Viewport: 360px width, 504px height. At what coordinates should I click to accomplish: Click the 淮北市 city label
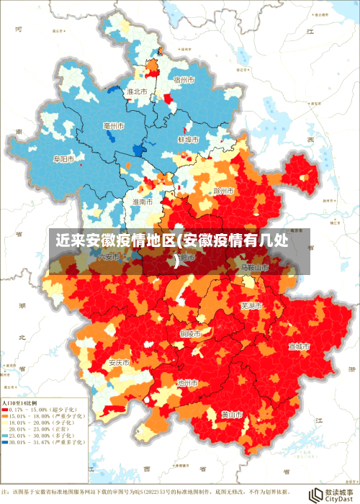tap(137, 92)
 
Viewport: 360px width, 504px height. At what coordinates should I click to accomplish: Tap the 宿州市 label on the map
tap(184, 81)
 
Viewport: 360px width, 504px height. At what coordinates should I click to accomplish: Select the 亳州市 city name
tap(114, 126)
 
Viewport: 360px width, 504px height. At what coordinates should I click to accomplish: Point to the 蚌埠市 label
tap(188, 139)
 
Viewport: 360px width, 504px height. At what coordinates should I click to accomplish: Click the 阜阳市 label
tap(64, 158)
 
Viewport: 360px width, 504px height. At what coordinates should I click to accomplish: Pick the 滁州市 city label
tap(224, 191)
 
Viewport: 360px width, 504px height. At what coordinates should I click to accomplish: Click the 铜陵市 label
tap(191, 333)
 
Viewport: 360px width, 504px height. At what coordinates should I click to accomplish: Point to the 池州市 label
tap(187, 383)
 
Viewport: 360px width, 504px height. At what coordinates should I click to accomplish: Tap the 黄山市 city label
tap(231, 415)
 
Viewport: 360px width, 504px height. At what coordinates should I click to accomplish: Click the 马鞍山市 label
tap(254, 267)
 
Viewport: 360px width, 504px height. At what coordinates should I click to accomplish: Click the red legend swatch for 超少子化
tap(6, 409)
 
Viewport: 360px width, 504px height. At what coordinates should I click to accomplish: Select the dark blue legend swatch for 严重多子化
tap(6, 441)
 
